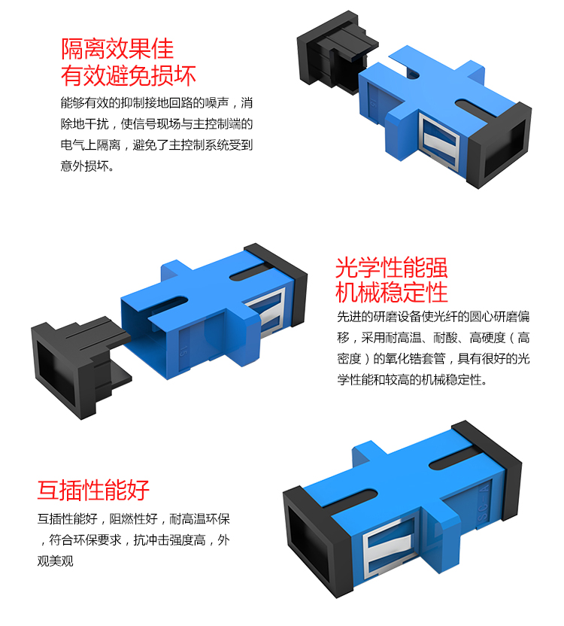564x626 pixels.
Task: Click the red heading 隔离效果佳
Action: pyautogui.click(x=117, y=50)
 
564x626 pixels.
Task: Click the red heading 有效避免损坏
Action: pyautogui.click(x=129, y=76)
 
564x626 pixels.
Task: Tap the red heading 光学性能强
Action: pyautogui.click(x=391, y=268)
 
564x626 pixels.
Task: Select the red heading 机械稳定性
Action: pyautogui.click(x=391, y=293)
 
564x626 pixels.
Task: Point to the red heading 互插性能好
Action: pyautogui.click(x=93, y=491)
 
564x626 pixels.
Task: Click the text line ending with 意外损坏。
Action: pyautogui.click(x=87, y=166)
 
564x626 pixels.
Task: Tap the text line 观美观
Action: pyautogui.click(x=56, y=561)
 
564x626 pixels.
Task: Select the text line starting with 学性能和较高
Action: pyautogui.click(x=412, y=379)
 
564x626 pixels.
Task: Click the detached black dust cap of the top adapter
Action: pyautogui.click(x=335, y=52)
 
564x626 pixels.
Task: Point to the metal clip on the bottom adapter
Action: pyautogui.click(x=389, y=545)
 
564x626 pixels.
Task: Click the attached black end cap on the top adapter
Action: pyautogui.click(x=499, y=145)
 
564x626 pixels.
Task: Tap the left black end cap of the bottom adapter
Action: pyautogui.click(x=315, y=541)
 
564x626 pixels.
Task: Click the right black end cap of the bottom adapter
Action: pyautogui.click(x=488, y=459)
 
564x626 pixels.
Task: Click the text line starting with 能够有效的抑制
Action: pyautogui.click(x=156, y=103)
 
